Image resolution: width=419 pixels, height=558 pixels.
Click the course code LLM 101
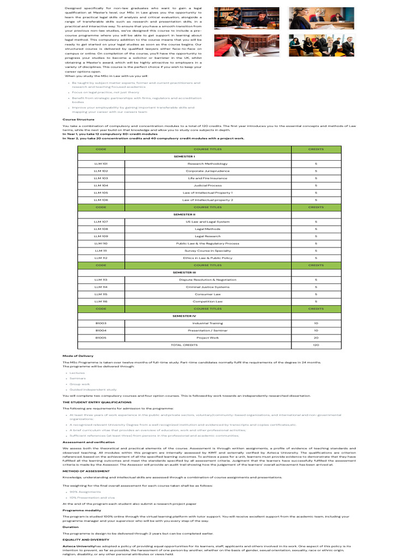[x=101, y=163]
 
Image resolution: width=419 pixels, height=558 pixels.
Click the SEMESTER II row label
[x=184, y=215]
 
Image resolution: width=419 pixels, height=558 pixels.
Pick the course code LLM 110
[x=101, y=244]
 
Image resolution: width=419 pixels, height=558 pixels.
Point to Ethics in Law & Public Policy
[x=208, y=258]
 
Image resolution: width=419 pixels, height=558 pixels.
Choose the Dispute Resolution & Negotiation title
[x=208, y=280]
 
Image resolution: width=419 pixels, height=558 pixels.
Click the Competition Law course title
[x=208, y=301]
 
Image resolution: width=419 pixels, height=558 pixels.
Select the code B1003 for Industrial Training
[x=101, y=323]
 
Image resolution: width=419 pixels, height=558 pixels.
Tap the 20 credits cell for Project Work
[x=316, y=337]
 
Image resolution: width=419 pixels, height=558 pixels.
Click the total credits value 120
[x=316, y=345]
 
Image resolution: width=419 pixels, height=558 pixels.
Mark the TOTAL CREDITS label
[x=184, y=345]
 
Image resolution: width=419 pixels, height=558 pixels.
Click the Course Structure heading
[x=79, y=119]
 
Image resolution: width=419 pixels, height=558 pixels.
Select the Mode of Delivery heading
[x=78, y=356]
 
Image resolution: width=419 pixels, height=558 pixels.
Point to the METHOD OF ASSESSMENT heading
[x=86, y=470]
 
